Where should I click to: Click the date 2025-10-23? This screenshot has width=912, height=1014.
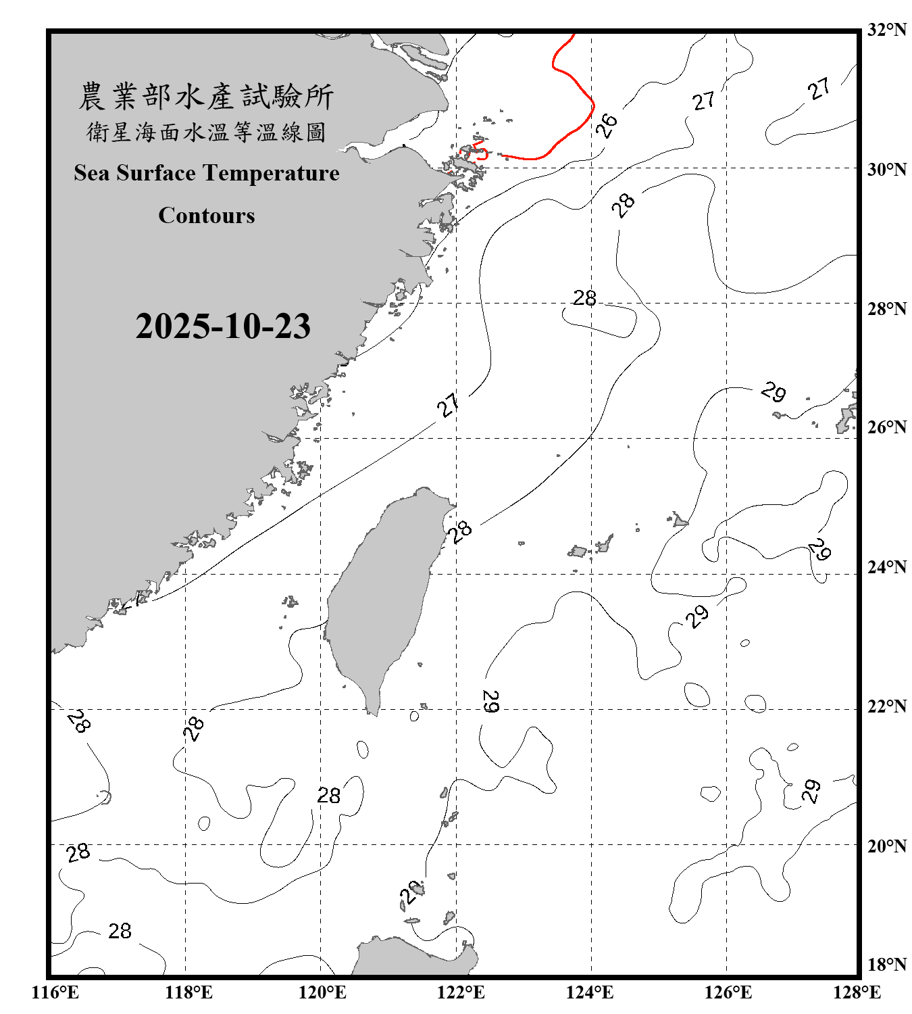pos(223,327)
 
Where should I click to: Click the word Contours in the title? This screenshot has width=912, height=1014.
pos(207,216)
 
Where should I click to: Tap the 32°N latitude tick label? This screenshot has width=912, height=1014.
pos(886,30)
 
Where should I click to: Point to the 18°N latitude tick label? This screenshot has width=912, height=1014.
pos(886,965)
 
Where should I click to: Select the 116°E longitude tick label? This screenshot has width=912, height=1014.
pos(55,992)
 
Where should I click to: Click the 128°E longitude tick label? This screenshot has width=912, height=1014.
pos(857,992)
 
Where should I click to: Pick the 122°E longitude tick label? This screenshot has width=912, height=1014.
pos(461,992)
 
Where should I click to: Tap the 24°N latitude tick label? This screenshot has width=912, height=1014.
pos(886,567)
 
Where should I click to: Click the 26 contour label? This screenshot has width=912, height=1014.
pos(607,125)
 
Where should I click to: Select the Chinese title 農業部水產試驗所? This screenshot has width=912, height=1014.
pos(206,97)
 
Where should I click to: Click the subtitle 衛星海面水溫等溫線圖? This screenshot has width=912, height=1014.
pos(206,132)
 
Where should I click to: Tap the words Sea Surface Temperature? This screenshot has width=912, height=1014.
pos(207,173)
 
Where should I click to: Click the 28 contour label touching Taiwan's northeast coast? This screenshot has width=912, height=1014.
pos(461,531)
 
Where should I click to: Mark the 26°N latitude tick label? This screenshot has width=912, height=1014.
pos(886,427)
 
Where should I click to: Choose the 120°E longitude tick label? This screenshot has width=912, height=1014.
pos(322,992)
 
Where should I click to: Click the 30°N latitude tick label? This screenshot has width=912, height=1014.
pos(886,169)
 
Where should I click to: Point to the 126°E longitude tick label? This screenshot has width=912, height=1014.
pos(728,992)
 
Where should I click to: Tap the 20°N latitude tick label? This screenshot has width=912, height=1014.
pos(886,846)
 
